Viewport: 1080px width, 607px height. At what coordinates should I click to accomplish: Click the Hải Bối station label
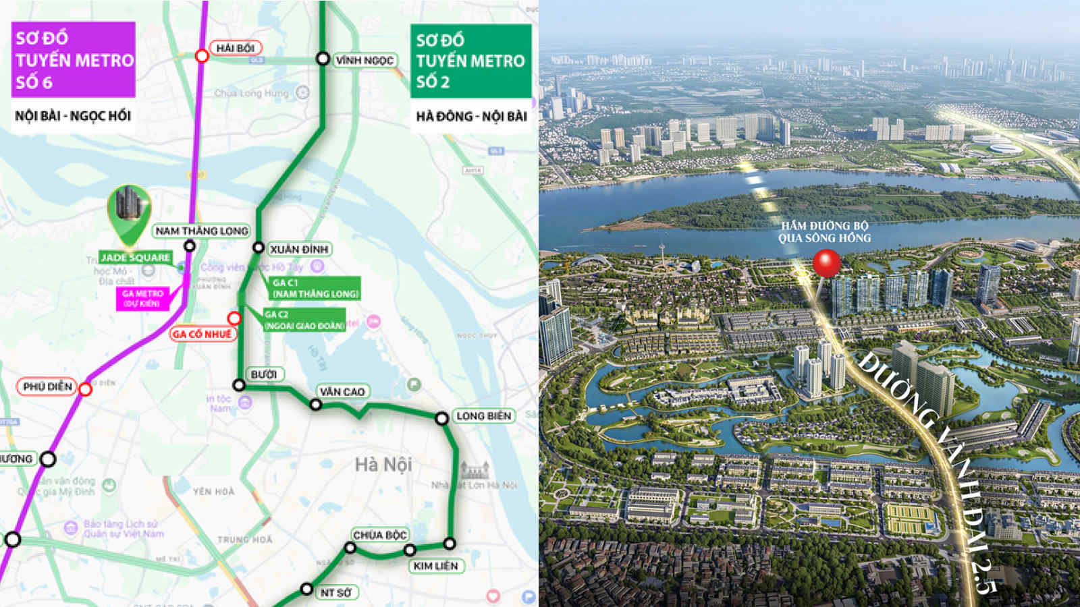pyautogui.click(x=236, y=49)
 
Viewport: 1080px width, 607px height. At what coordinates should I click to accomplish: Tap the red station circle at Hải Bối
pyautogui.click(x=202, y=56)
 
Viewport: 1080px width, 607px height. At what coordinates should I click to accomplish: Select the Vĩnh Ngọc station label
pyautogui.click(x=364, y=60)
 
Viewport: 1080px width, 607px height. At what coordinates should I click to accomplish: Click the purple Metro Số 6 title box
pyautogui.click(x=74, y=59)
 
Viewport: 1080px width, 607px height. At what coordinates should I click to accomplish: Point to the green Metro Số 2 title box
pyautogui.click(x=470, y=61)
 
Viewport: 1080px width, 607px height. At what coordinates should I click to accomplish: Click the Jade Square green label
pyautogui.click(x=135, y=258)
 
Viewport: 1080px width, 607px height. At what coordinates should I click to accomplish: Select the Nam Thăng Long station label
pyautogui.click(x=202, y=231)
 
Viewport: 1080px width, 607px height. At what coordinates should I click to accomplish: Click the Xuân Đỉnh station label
pyautogui.click(x=299, y=249)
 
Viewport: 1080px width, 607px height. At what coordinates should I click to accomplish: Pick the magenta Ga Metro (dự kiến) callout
pyautogui.click(x=142, y=298)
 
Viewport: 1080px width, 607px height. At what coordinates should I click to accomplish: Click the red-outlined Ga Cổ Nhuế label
pyautogui.click(x=202, y=334)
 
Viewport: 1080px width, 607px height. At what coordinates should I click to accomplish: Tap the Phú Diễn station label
pyautogui.click(x=47, y=386)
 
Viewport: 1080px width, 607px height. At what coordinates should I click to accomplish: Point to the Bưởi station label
pyautogui.click(x=263, y=374)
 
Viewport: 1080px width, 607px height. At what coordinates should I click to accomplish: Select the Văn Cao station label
pyautogui.click(x=342, y=391)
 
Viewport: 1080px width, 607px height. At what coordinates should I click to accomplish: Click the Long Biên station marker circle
pyautogui.click(x=441, y=419)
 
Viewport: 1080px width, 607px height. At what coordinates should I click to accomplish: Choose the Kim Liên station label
pyautogui.click(x=435, y=566)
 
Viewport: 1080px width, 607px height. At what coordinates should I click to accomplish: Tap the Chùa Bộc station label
pyautogui.click(x=379, y=535)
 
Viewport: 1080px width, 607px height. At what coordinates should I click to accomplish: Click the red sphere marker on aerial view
pyautogui.click(x=827, y=263)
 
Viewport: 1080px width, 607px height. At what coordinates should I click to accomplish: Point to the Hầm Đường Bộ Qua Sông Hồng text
pyautogui.click(x=824, y=232)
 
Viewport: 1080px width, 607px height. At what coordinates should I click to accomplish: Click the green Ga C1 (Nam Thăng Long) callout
pyautogui.click(x=315, y=288)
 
